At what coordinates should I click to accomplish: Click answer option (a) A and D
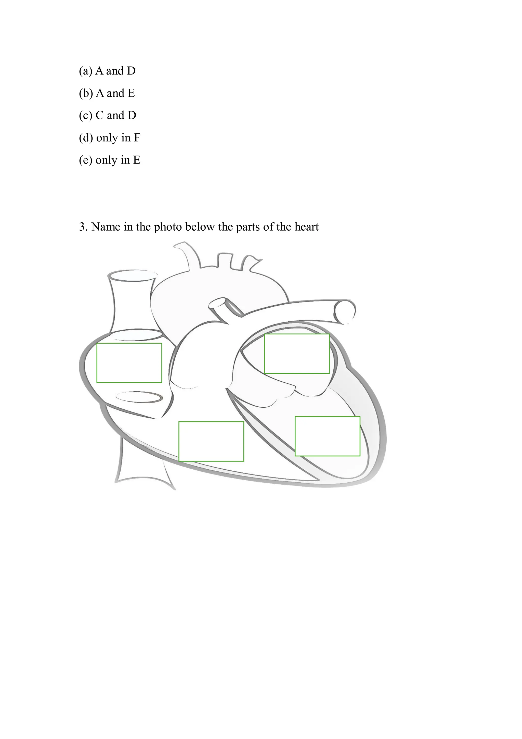[107, 71]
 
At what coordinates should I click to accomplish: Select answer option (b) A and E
[107, 93]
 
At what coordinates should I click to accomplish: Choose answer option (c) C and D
[107, 116]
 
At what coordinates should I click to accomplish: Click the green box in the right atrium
[129, 363]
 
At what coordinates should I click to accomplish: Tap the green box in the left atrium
[296, 354]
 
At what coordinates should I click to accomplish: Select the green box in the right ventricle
[211, 441]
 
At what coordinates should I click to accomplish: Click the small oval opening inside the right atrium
[139, 397]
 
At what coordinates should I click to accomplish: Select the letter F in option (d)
[137, 138]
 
